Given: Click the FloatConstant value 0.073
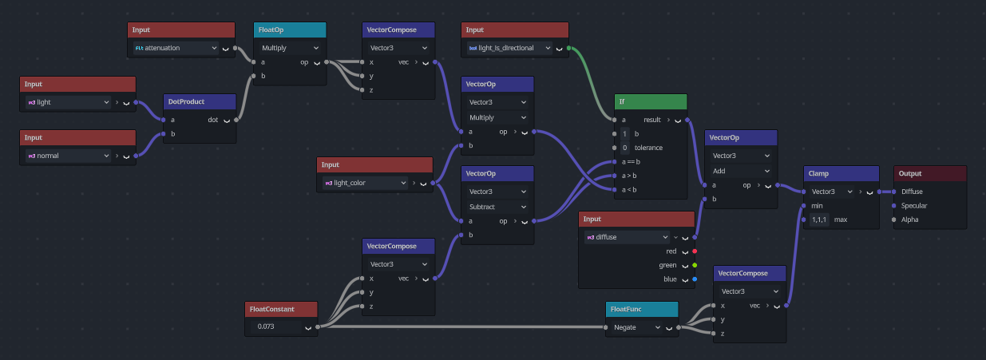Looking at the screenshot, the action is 266,326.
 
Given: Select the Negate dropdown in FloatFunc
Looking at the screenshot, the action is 636,327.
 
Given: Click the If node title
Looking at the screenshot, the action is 622,101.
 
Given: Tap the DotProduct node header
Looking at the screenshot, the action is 200,101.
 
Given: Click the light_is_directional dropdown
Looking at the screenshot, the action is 509,48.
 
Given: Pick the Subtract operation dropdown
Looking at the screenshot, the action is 497,207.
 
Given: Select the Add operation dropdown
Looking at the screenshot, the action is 741,171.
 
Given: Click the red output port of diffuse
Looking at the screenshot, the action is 695,251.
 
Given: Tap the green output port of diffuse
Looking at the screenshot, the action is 695,265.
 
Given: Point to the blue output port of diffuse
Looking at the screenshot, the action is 695,279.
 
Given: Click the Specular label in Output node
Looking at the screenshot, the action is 914,205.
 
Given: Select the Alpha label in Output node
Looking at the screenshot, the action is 909,220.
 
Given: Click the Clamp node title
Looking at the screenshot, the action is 818,174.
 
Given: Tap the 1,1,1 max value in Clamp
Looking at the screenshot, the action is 819,220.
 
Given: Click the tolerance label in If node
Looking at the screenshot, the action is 648,148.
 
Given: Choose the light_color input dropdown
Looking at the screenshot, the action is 366,183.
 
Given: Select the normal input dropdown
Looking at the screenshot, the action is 68,156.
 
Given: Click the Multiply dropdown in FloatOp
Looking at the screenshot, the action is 290,48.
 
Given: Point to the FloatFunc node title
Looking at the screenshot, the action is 626,310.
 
